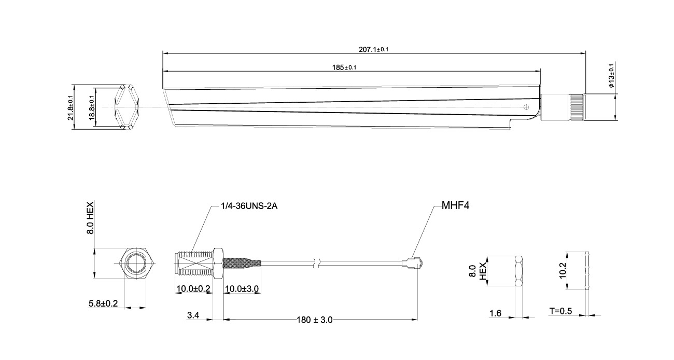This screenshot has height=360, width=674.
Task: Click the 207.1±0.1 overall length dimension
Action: [373, 49]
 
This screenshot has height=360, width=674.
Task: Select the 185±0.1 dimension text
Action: [344, 67]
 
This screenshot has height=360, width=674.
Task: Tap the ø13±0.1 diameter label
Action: [611, 76]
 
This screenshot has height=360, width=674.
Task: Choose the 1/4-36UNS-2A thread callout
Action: [249, 206]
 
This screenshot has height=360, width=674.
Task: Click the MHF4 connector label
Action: [456, 205]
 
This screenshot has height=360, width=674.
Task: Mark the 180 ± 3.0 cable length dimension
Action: [315, 320]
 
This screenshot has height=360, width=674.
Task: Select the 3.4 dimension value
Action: [193, 315]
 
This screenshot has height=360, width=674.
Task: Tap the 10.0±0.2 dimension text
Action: [193, 288]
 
